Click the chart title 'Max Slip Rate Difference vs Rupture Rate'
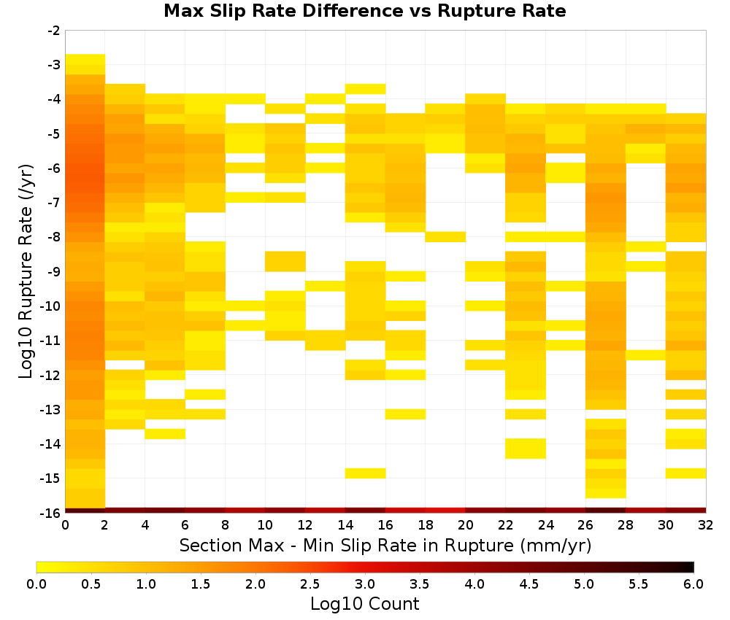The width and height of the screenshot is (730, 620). click(364, 11)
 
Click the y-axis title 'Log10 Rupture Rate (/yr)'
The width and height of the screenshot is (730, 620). click(26, 271)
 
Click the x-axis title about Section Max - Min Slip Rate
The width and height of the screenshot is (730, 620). click(385, 546)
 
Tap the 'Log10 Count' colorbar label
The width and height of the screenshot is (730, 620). click(364, 604)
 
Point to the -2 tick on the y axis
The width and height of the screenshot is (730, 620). click(54, 31)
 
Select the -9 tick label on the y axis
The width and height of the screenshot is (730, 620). click(54, 271)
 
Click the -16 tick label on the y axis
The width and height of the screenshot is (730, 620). click(51, 513)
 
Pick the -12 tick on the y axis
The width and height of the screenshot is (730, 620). click(51, 375)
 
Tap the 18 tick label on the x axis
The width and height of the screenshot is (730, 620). click(426, 525)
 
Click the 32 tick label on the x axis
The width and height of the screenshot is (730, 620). click(706, 525)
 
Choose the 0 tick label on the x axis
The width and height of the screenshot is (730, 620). click(65, 525)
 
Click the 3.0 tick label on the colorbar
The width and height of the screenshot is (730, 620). click(365, 584)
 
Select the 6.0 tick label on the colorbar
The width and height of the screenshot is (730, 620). click(693, 584)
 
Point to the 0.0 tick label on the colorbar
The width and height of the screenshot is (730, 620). click(36, 584)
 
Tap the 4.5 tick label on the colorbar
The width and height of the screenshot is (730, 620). click(529, 584)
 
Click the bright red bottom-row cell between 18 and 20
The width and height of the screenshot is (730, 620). click(445, 511)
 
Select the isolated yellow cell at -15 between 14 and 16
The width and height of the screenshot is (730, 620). click(366, 473)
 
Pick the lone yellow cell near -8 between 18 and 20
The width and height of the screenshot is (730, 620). click(445, 237)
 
